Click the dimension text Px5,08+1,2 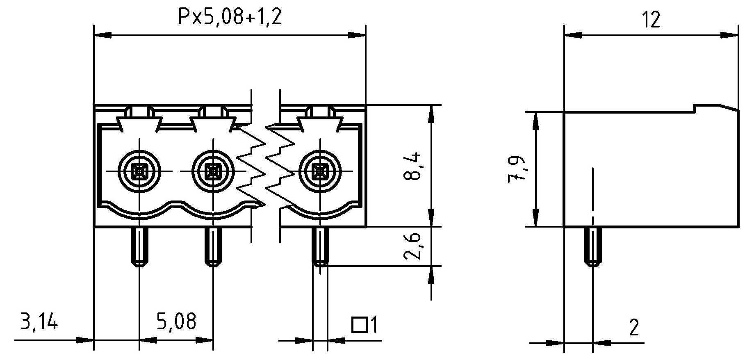(230, 18)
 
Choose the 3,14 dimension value (39, 322)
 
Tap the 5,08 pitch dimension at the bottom (176, 322)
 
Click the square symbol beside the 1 (359, 325)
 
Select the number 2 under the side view (634, 328)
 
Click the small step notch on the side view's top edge (695, 108)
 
